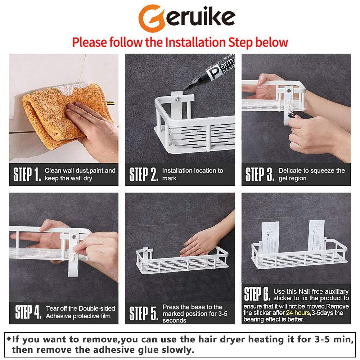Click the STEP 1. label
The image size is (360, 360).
point(27,175)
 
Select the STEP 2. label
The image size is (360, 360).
point(144,175)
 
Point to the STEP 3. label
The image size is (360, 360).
point(260,175)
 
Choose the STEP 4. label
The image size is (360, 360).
point(28,312)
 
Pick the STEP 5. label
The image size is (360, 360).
point(144,314)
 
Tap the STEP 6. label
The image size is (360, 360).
point(257,294)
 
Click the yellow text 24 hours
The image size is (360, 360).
point(298,313)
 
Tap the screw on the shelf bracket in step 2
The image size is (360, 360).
point(177,99)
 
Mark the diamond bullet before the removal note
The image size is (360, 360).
point(9,339)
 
